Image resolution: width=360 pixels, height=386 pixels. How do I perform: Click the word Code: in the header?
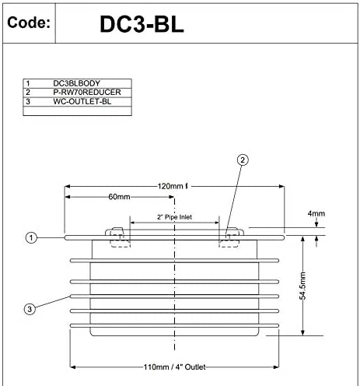pyautogui.click(x=29, y=22)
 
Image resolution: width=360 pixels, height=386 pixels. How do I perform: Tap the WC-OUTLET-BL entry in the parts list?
pyautogui.click(x=82, y=101)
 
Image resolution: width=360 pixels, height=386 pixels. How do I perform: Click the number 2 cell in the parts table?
pyautogui.click(x=28, y=92)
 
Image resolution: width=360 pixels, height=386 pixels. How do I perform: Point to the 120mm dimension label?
pyautogui.click(x=173, y=187)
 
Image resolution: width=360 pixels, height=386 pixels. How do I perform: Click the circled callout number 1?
pyautogui.click(x=30, y=238)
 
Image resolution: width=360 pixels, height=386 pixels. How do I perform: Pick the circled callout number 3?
pyautogui.click(x=30, y=309)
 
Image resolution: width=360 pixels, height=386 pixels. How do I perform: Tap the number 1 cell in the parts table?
pyautogui.click(x=28, y=83)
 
